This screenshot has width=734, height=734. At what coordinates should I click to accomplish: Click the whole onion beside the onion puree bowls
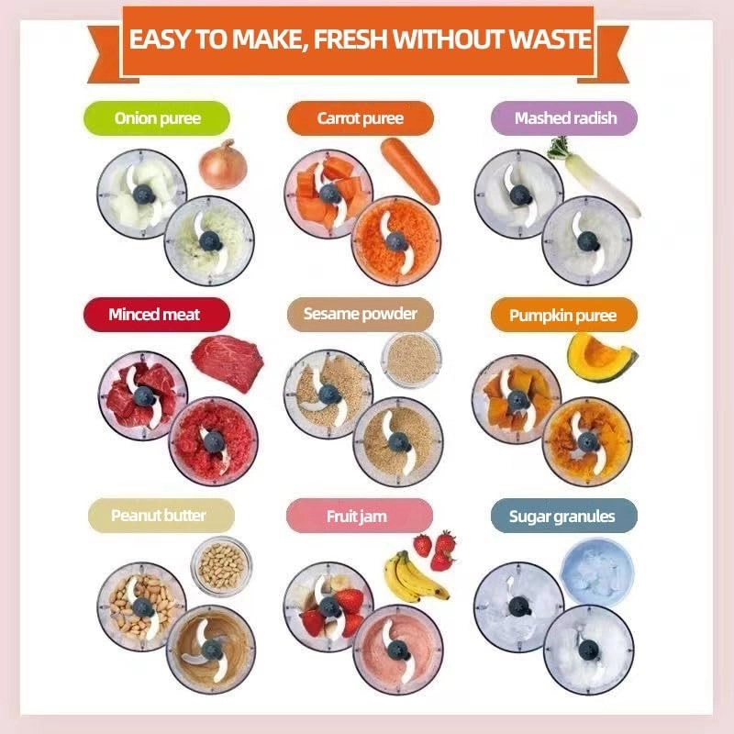[x=223, y=165]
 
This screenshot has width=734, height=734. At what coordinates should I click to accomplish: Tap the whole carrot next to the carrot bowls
[x=409, y=171]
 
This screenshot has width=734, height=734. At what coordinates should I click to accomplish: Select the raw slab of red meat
[x=228, y=363]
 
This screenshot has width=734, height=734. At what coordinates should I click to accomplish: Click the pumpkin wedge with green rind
[x=601, y=358]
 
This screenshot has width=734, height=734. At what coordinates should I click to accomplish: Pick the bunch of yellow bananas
[x=414, y=577]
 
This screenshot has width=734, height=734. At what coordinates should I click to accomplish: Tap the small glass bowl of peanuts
[x=221, y=566]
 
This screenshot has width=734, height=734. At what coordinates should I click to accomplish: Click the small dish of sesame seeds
[x=411, y=359]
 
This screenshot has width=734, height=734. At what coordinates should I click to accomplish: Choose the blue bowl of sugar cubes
[x=597, y=573]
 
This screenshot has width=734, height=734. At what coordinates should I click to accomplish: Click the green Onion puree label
[x=157, y=118]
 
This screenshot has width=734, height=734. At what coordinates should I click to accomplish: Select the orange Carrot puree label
[x=360, y=118]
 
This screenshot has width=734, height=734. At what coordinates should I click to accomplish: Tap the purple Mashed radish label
[x=564, y=118]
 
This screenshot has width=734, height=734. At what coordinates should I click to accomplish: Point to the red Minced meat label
[x=157, y=315]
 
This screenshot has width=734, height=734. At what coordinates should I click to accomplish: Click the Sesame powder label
[x=360, y=315]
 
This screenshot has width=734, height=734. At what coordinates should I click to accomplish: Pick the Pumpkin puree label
[x=564, y=315]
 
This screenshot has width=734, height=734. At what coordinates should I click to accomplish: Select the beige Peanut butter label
[x=161, y=516]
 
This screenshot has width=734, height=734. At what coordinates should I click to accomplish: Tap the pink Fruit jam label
[x=359, y=516]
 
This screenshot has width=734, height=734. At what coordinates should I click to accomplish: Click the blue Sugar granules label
[x=564, y=516]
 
